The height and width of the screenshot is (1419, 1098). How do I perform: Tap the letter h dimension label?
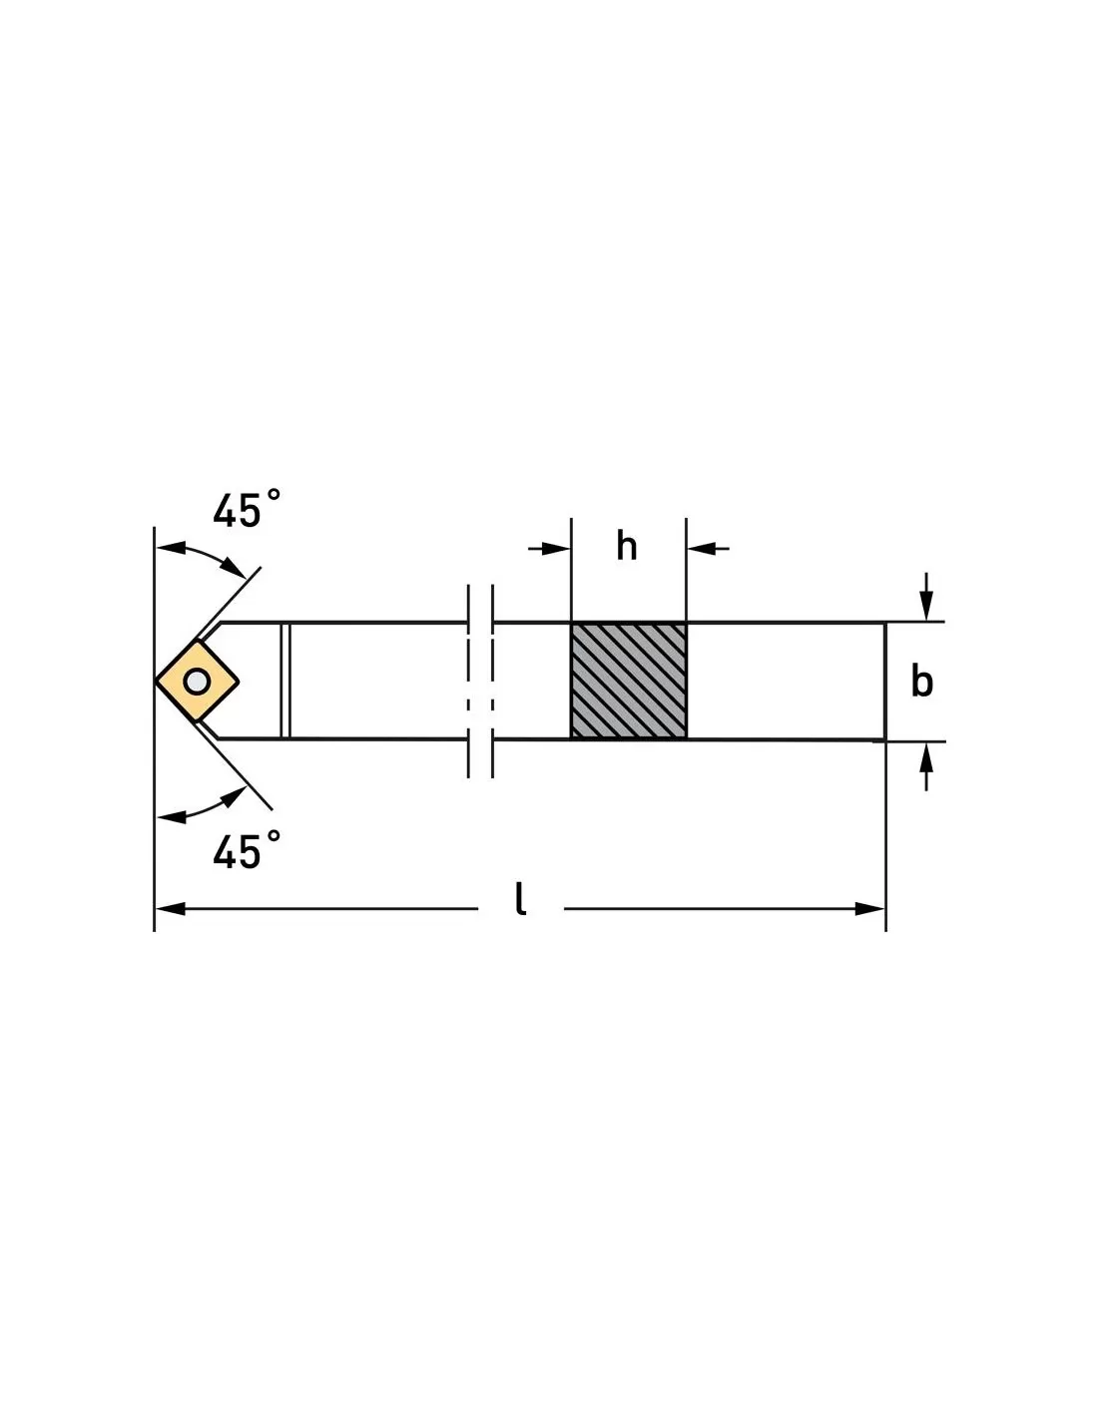[627, 546]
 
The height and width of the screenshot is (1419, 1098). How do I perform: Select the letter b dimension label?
[921, 682]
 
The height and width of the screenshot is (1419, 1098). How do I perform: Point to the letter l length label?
[520, 899]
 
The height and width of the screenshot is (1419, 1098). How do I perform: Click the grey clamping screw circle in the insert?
[197, 682]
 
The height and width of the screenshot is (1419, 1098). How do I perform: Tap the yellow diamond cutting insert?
[198, 682]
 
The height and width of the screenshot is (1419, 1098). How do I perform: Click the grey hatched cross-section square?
[629, 682]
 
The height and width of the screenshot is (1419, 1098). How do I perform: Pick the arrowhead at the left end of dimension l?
[170, 909]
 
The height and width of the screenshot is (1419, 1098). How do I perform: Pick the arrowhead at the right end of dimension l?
[869, 909]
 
